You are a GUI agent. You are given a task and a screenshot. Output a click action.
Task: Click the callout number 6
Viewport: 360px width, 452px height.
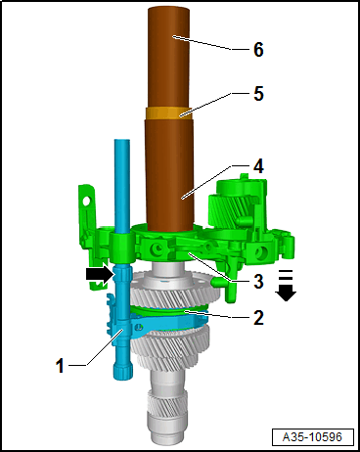click(x=257, y=48)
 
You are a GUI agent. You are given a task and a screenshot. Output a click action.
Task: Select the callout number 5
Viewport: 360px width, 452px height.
click(x=257, y=96)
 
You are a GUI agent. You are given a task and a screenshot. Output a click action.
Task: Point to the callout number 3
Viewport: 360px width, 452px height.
click(x=258, y=282)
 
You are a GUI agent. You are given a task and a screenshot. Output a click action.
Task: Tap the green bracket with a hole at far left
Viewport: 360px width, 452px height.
click(x=89, y=206)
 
